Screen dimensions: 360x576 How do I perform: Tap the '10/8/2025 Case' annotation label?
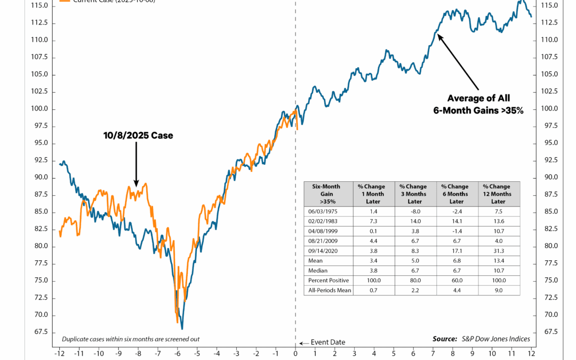pyautogui.click(x=138, y=135)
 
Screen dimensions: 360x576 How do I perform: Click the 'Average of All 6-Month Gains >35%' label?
pyautogui.click(x=478, y=104)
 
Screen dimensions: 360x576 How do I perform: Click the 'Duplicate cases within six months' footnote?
pyautogui.click(x=131, y=339)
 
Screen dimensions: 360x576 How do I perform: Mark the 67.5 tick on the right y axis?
pyautogui.click(x=549, y=331)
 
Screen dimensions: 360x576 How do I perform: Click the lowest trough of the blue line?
pyautogui.click(x=182, y=329)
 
